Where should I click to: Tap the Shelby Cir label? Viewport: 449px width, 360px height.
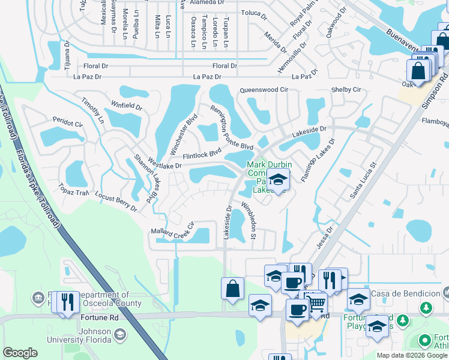coord(346,89)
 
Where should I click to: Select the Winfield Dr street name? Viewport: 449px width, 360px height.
coord(127,107)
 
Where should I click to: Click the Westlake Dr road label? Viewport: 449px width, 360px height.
coord(164,163)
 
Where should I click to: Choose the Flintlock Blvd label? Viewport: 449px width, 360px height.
coord(198,155)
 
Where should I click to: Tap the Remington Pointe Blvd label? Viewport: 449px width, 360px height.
coord(231,127)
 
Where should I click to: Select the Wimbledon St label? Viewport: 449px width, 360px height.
coord(249,219)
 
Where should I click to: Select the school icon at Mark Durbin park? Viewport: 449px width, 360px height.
coord(278,179)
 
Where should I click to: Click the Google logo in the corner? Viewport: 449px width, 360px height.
coord(20,353)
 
